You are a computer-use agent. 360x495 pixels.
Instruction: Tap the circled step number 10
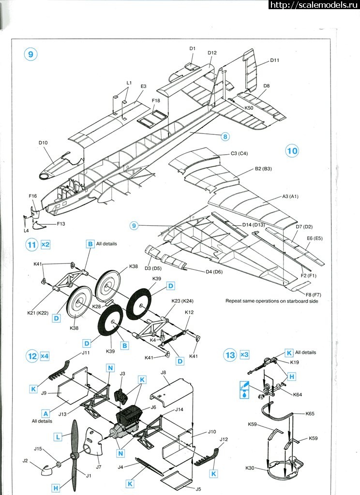pyautogui.click(x=292, y=151)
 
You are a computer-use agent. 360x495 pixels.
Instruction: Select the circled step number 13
pyautogui.click(x=230, y=355)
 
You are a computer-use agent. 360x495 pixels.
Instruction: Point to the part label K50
pyautogui.click(x=249, y=108)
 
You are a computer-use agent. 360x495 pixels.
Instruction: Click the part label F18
pyautogui.click(x=155, y=101)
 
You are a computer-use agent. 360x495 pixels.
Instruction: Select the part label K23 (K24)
pyautogui.click(x=182, y=301)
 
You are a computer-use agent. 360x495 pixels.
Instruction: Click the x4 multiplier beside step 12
pyautogui.click(x=45, y=356)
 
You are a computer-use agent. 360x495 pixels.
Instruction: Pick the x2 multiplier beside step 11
pyautogui.click(x=45, y=245)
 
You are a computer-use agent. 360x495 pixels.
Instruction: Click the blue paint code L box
pyautogui.click(x=58, y=436)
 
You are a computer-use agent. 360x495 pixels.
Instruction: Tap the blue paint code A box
pyautogui.click(x=46, y=413)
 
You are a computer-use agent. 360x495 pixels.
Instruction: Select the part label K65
pyautogui.click(x=310, y=414)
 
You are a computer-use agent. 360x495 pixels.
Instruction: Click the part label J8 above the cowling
pyautogui.click(x=163, y=373)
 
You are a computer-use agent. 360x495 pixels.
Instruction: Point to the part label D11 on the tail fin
pyautogui.click(x=275, y=60)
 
